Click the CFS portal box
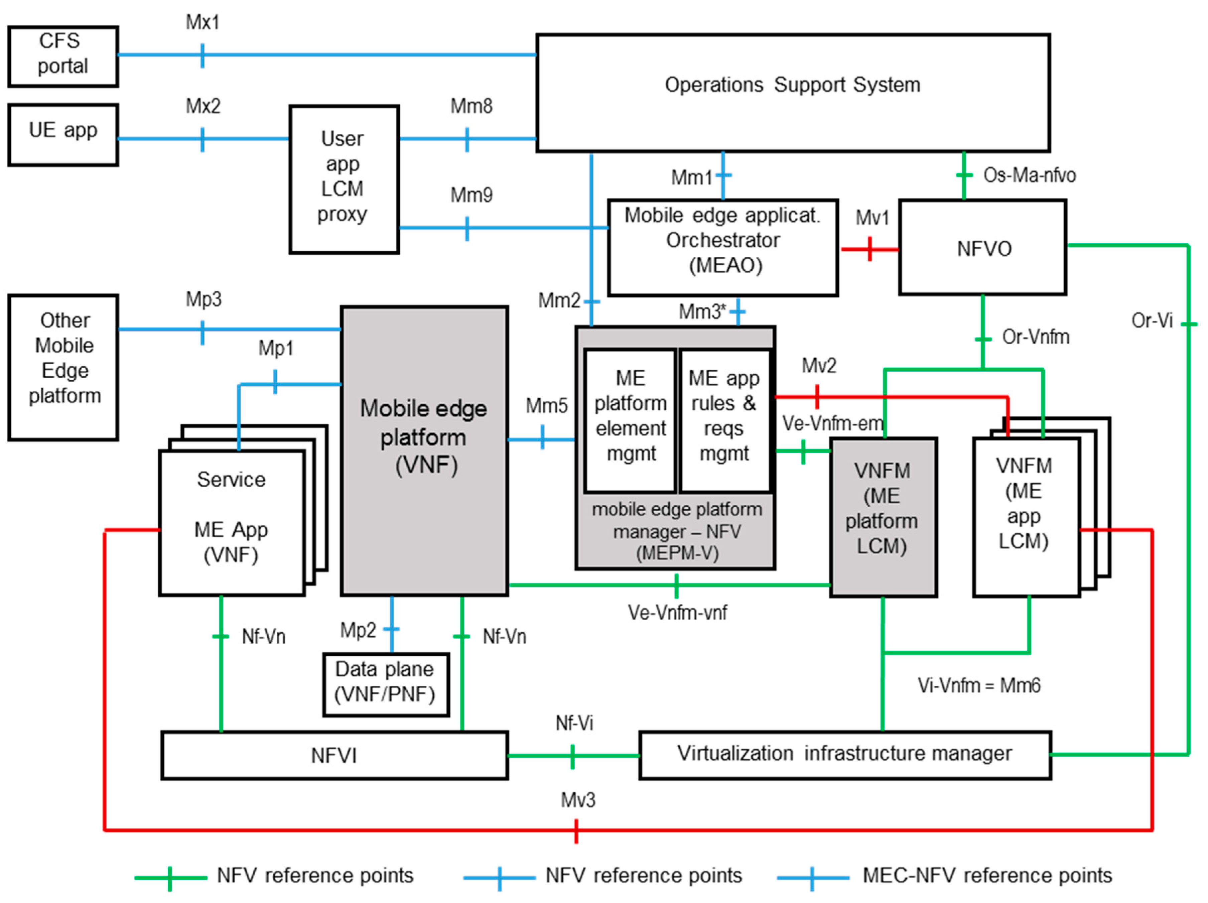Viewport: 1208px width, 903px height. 63,56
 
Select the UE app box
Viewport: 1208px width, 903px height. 63,134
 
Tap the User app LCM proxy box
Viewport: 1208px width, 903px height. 344,179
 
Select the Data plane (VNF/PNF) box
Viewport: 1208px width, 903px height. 386,684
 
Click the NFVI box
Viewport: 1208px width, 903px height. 334,755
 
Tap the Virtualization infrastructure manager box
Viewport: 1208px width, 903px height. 844,754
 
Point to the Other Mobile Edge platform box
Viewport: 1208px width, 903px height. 64,367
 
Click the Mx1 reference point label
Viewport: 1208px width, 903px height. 202,22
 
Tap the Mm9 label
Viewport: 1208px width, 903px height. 471,195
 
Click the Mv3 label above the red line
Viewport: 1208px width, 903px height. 578,800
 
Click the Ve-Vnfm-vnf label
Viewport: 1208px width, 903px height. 677,612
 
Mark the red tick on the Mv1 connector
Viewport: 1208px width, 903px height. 869,249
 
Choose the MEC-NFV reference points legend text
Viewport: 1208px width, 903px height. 987,875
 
